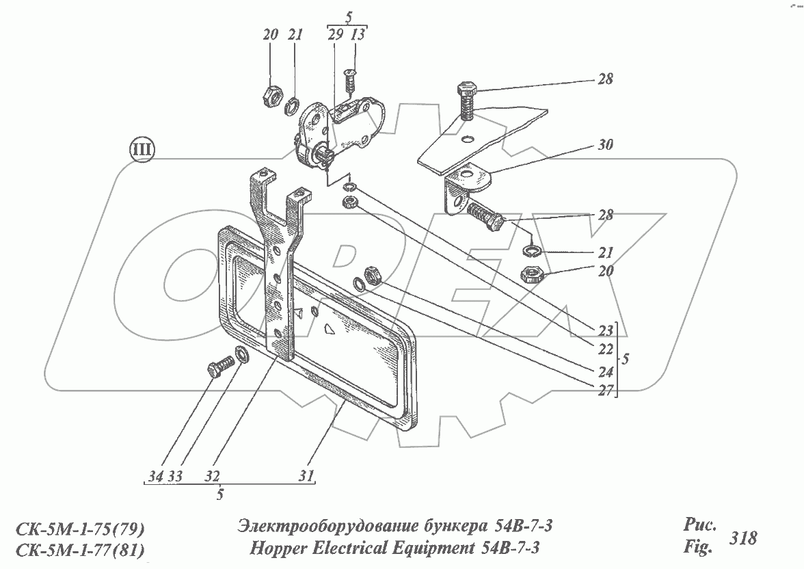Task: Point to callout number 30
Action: [604, 145]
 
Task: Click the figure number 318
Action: [743, 538]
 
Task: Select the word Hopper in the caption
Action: [280, 548]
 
